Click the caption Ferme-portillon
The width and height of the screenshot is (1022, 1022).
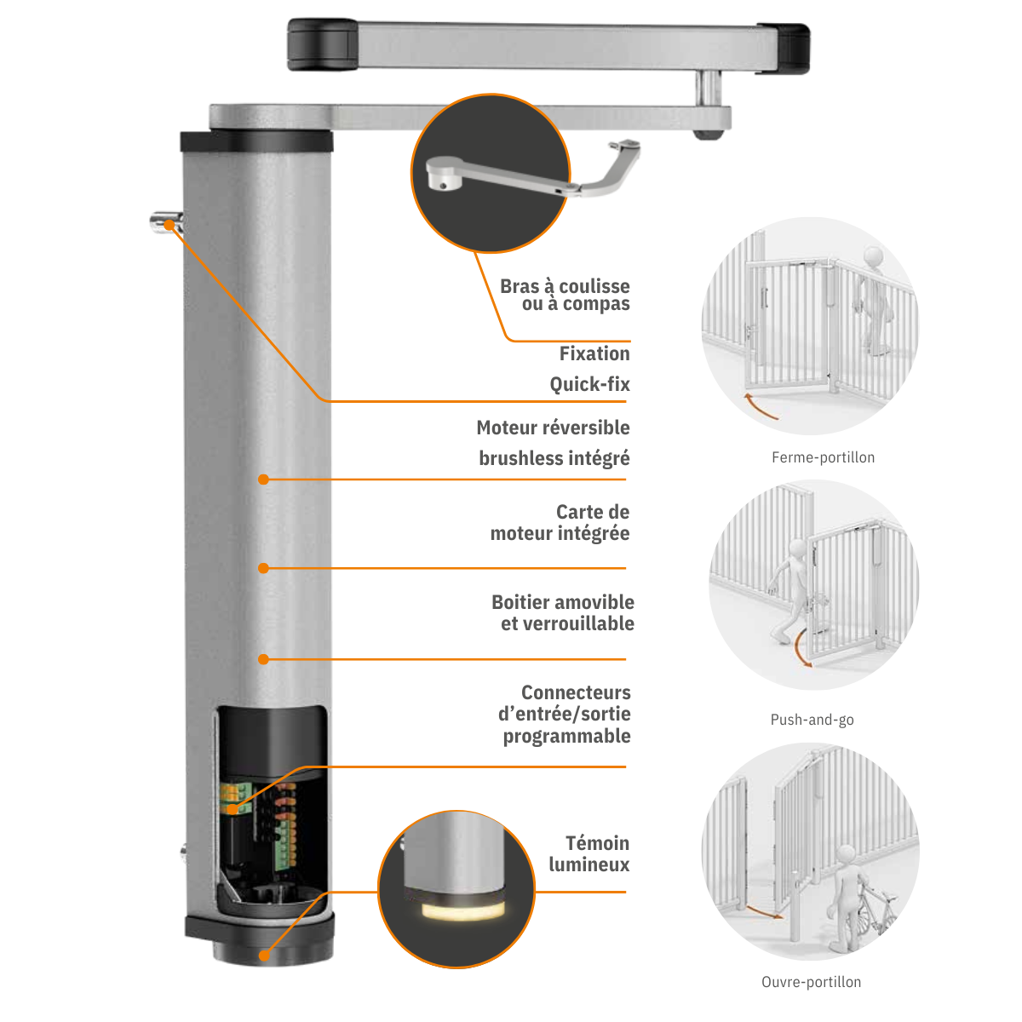(x=823, y=457)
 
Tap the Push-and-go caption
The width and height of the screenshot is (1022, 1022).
(x=812, y=720)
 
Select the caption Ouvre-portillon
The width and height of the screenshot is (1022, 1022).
(x=811, y=982)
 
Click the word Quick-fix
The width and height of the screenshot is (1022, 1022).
(x=589, y=384)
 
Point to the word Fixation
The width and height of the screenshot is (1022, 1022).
(x=594, y=353)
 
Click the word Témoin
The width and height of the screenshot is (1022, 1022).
(x=597, y=843)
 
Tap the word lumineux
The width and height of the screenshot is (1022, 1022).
(x=589, y=864)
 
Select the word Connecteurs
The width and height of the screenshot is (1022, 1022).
(x=576, y=692)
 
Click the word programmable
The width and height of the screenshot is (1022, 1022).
(x=567, y=736)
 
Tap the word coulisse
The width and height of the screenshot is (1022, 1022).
(x=594, y=286)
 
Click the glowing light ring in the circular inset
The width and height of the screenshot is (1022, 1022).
(x=463, y=911)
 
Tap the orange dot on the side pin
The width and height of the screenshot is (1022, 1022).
(x=169, y=225)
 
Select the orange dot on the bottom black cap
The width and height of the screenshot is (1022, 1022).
(x=264, y=956)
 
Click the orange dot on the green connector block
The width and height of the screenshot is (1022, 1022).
(x=233, y=809)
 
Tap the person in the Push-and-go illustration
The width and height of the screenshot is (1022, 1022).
(x=789, y=589)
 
